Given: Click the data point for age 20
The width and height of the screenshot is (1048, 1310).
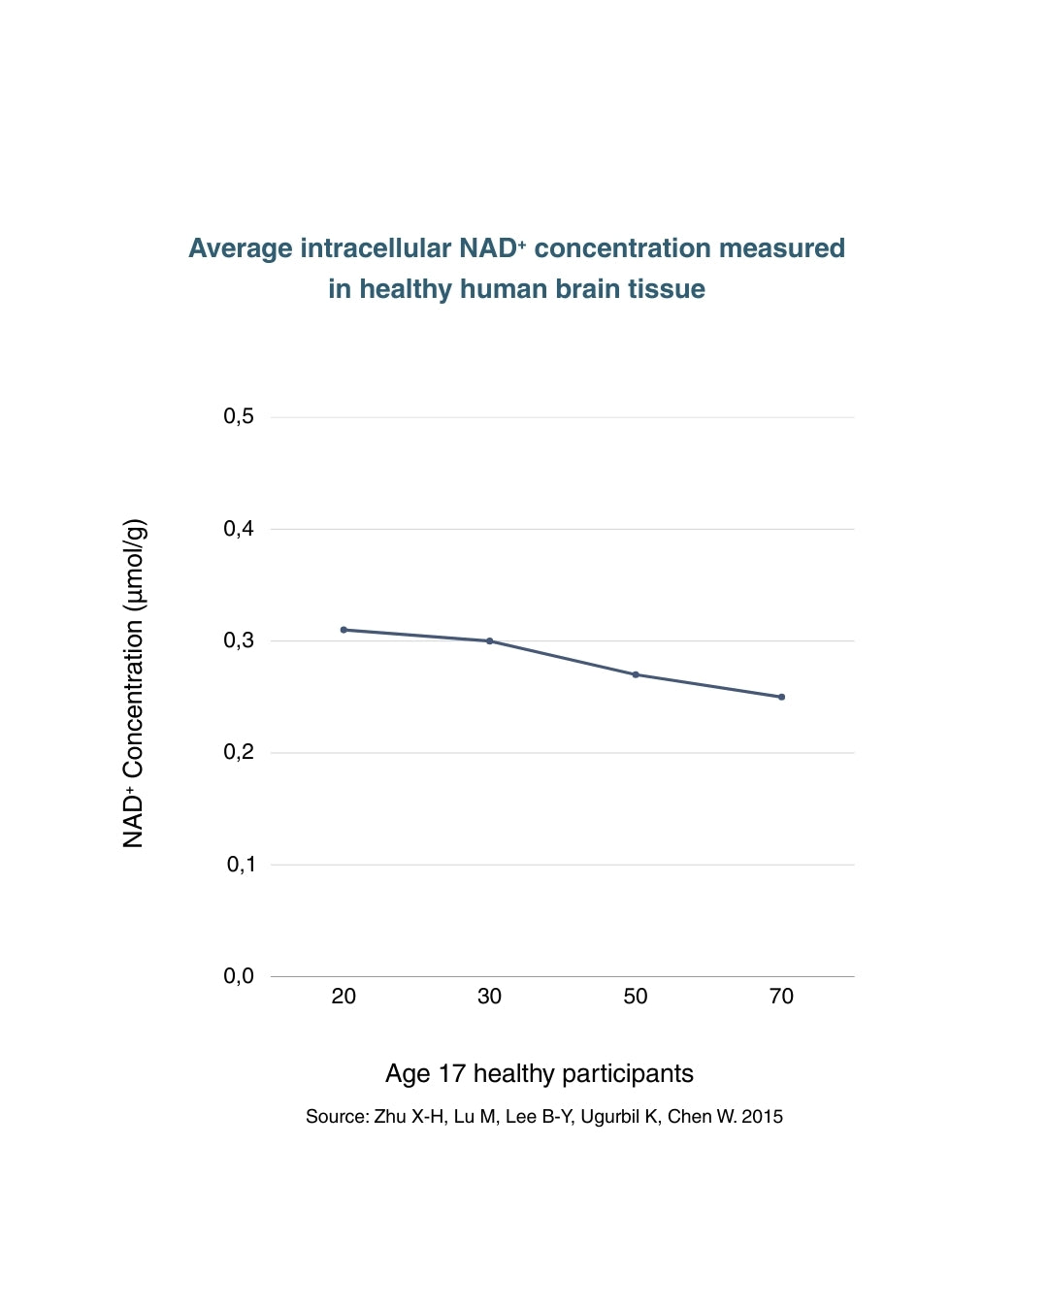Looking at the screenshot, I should pyautogui.click(x=344, y=630).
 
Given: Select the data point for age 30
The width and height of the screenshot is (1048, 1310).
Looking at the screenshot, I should pyautogui.click(x=490, y=641).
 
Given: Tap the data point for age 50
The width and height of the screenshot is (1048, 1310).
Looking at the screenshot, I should pyautogui.click(x=636, y=674).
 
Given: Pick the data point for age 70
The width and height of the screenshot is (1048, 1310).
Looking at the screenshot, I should pyautogui.click(x=781, y=697).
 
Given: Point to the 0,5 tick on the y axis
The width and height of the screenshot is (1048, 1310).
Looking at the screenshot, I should pyautogui.click(x=239, y=416).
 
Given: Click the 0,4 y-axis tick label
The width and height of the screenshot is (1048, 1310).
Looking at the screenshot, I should pyautogui.click(x=239, y=529).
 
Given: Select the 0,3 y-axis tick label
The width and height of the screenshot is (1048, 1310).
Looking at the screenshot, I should pyautogui.click(x=239, y=640).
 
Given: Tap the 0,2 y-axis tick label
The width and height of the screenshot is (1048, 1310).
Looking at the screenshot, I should pyautogui.click(x=239, y=752).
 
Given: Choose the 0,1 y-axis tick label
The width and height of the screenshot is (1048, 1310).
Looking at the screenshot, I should pyautogui.click(x=241, y=864).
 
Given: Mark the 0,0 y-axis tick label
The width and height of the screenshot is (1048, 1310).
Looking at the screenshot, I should pyautogui.click(x=239, y=976).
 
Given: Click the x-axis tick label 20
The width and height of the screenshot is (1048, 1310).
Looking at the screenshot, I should pyautogui.click(x=344, y=997).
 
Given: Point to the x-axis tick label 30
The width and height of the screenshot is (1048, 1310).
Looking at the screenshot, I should pyautogui.click(x=490, y=997).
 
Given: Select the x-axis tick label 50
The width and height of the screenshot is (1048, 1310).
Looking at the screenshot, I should pyautogui.click(x=636, y=997).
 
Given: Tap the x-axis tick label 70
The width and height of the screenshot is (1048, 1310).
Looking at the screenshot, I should pyautogui.click(x=781, y=997).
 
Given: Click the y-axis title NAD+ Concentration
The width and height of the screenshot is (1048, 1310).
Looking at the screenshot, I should pyautogui.click(x=134, y=683).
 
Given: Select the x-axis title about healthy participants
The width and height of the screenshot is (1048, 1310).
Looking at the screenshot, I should pyautogui.click(x=540, y=1073).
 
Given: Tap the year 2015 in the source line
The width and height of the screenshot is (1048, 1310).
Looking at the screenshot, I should pyautogui.click(x=762, y=1117).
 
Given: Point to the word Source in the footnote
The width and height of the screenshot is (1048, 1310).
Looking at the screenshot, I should pyautogui.click(x=336, y=1117).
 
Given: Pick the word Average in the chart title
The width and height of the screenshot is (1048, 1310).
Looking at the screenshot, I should pyautogui.click(x=240, y=248).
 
